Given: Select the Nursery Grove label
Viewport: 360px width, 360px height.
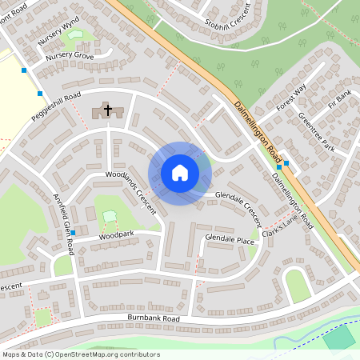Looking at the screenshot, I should pos(70,57).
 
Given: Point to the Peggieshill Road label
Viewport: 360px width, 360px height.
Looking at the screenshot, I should pos(57,102).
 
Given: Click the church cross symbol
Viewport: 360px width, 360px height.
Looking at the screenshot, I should pos(108,110).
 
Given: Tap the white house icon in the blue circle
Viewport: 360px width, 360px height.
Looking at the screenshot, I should pos(180,173).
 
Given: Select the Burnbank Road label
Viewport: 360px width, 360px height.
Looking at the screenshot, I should pos(154,318).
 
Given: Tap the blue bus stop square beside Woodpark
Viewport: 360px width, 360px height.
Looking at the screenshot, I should pos(73,233).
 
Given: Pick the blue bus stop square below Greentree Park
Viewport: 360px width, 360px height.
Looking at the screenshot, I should pos(286,163).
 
